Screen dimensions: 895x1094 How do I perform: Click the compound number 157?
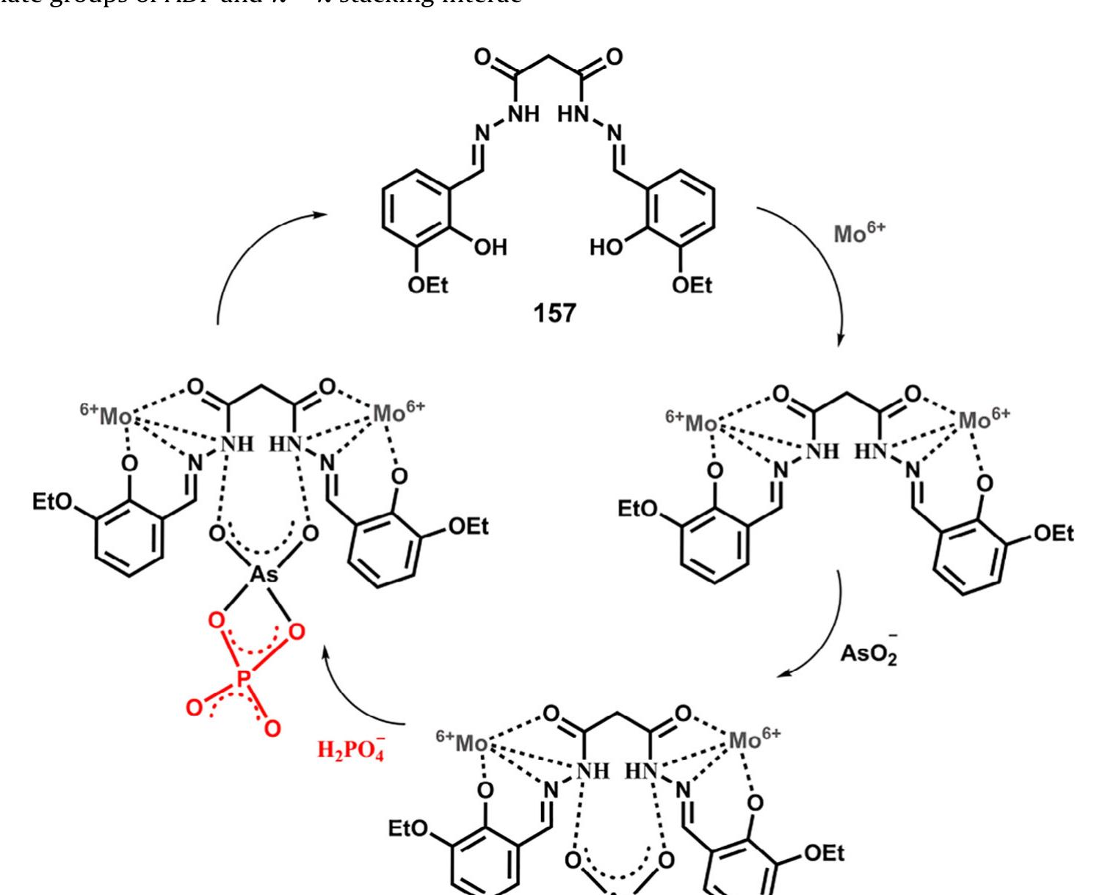555,316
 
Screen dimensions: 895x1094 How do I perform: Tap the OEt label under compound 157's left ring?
430,287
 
